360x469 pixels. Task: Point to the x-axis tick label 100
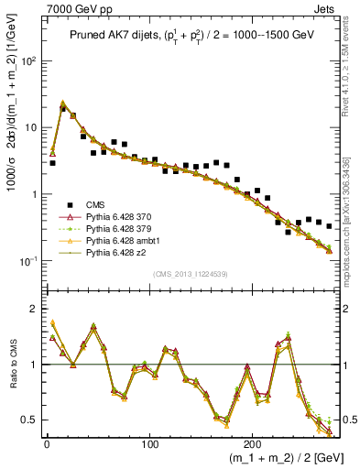pyautogui.click(x=149, y=443)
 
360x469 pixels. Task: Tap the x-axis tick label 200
pyautogui.click(x=252, y=443)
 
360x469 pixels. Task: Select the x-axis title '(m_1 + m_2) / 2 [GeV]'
pyautogui.click(x=276, y=458)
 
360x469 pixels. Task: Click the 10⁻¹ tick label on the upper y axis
pyautogui.click(x=28, y=261)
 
